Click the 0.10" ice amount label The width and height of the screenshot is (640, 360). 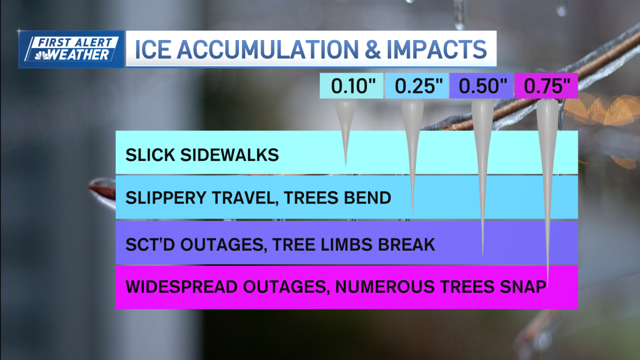(350, 86)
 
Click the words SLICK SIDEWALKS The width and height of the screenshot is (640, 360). (202, 155)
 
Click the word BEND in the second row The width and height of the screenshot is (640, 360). (368, 198)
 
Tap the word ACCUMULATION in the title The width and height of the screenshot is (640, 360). (269, 49)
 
